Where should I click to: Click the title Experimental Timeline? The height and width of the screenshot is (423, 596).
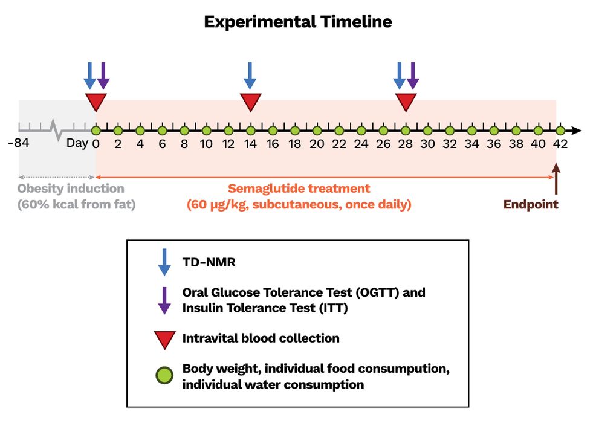[x=297, y=22]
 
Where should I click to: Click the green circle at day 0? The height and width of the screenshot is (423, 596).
[x=96, y=130]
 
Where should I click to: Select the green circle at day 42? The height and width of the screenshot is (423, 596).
[x=560, y=130]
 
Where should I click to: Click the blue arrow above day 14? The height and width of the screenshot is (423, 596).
[x=250, y=76]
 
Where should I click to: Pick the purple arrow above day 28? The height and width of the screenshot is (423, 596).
[x=413, y=76]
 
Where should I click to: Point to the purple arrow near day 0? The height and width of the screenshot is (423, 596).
[x=103, y=76]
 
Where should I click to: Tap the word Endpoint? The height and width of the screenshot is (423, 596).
[x=531, y=204]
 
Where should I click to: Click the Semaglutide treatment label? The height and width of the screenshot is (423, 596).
[x=299, y=189]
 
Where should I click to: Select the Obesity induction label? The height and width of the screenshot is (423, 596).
[x=71, y=189]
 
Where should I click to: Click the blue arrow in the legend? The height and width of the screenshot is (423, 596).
[x=164, y=262]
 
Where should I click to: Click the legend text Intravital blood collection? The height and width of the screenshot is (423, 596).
[x=261, y=338]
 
